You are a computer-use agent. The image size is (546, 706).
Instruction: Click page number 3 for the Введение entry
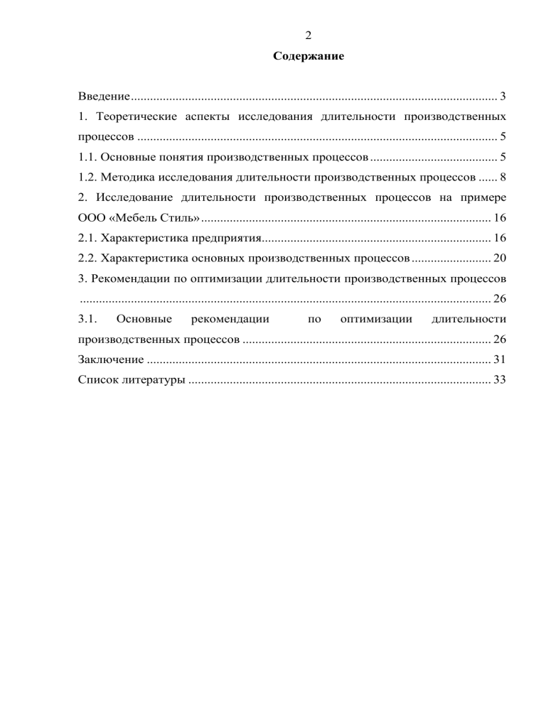click(x=503, y=96)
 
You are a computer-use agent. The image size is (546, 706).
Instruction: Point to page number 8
click(x=503, y=176)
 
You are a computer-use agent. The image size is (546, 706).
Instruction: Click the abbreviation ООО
click(x=91, y=216)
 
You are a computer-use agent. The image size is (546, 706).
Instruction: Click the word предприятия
click(x=222, y=237)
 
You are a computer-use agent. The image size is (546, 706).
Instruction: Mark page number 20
click(x=499, y=256)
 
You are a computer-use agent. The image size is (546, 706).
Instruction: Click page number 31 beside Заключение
click(x=499, y=359)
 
